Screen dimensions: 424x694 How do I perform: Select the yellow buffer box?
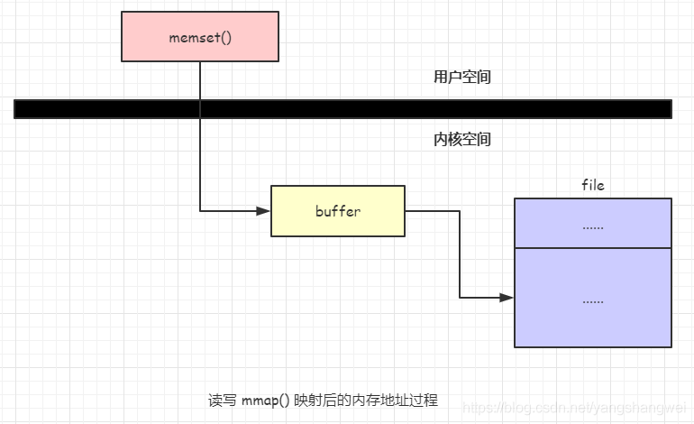[x=338, y=211]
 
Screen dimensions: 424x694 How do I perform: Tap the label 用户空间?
[x=462, y=78]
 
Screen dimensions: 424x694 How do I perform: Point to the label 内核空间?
[x=462, y=141]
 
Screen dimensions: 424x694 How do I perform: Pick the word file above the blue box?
[x=593, y=185]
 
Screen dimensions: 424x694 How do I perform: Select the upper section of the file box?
[x=593, y=224]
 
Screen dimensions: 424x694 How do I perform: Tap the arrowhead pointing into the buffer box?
[x=263, y=211]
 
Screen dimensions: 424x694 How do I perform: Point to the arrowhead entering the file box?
[x=507, y=298]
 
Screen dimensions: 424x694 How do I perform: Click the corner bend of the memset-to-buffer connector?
[x=200, y=211]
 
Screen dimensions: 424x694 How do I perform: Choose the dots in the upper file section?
[x=593, y=226]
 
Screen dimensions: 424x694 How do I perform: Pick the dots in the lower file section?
[x=593, y=300]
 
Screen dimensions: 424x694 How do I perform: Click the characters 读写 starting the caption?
[x=223, y=399]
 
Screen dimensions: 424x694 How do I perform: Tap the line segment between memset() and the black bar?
[x=200, y=80]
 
